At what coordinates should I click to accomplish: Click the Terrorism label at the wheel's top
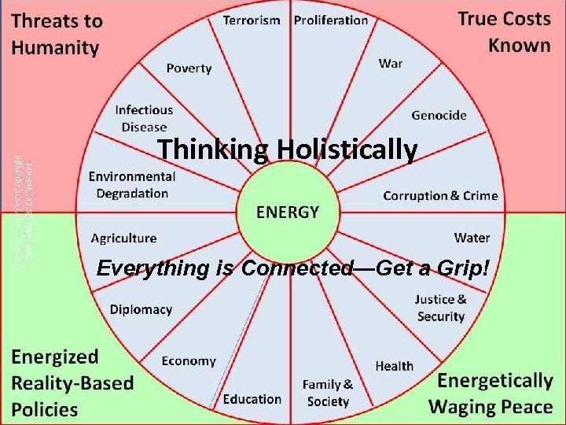[x=252, y=20]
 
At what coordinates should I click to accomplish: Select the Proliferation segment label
[x=331, y=20]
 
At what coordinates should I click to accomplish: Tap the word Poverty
[x=189, y=68]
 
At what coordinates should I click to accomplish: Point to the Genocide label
[x=439, y=115]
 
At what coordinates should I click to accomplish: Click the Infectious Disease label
[x=143, y=118]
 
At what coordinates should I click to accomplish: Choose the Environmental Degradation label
[x=132, y=184]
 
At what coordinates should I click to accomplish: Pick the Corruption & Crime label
[x=440, y=195]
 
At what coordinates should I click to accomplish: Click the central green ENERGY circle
[x=288, y=212]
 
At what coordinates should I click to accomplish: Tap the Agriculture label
[x=123, y=238]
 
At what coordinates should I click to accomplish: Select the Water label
[x=472, y=237]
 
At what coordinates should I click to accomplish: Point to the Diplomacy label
[x=141, y=309]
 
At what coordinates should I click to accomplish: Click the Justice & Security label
[x=440, y=307]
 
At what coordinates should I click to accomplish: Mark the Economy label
[x=189, y=360]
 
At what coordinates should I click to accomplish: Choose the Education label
[x=252, y=398]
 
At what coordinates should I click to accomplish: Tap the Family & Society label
[x=328, y=393]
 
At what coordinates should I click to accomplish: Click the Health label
[x=394, y=365]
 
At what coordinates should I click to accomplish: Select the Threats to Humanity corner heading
[x=57, y=35]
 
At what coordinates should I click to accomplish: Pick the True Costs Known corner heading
[x=504, y=31]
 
